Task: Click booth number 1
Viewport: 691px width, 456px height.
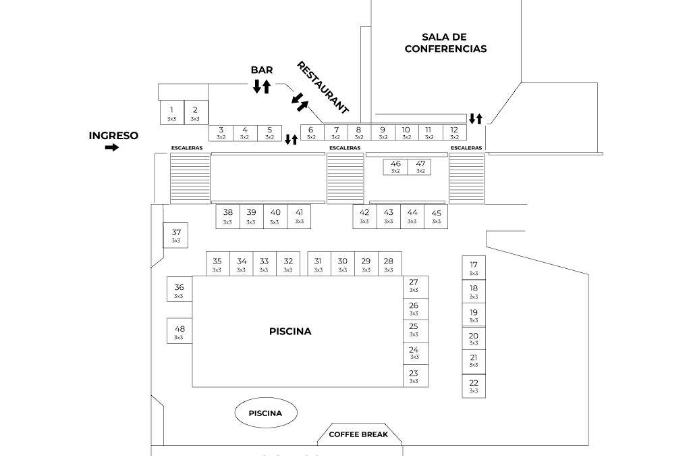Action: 171,112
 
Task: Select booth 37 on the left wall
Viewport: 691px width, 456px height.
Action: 175,235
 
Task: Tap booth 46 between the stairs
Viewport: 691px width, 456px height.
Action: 395,166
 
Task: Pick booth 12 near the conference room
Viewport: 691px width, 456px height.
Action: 454,132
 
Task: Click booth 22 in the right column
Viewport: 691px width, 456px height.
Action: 474,386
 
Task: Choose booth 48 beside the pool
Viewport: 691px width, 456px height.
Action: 179,332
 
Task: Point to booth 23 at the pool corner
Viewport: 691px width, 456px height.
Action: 414,376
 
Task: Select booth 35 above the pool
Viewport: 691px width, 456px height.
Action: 217,264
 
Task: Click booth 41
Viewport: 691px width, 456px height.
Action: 299,216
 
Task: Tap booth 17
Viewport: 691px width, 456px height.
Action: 474,268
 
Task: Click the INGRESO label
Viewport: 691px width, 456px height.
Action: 113,135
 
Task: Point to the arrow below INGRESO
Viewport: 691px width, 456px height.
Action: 111,148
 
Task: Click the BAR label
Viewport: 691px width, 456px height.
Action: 262,70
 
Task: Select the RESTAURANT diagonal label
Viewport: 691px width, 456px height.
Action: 323,87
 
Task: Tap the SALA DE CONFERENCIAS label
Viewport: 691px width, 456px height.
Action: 445,43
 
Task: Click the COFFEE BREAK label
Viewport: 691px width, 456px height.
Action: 358,434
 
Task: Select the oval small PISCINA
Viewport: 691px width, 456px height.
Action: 265,413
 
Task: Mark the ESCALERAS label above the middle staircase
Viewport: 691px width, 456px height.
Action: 344,148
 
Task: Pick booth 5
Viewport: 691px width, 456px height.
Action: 269,132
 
